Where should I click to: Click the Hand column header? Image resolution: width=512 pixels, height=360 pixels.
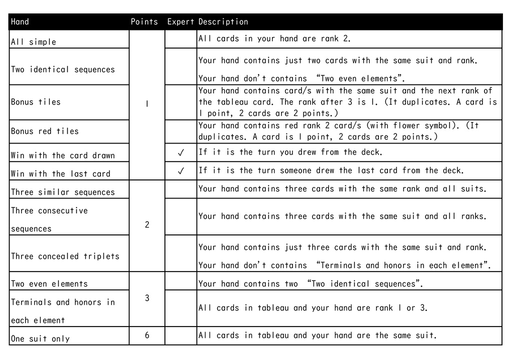point(20,22)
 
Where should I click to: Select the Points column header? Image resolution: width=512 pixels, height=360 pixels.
point(144,22)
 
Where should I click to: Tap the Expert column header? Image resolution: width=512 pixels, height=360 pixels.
point(180,22)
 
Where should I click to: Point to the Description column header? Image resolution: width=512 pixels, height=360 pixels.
point(223,22)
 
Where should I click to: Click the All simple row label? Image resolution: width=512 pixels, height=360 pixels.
point(33,42)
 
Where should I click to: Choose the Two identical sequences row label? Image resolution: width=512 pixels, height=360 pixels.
point(63,69)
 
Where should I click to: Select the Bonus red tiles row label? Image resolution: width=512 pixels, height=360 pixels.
point(45,131)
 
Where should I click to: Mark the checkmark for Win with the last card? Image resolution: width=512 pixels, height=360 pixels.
point(180,171)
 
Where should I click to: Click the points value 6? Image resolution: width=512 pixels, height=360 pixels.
point(147,335)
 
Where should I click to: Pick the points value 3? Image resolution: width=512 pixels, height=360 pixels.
point(147,298)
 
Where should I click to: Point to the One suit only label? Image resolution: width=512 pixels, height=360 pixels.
point(40,338)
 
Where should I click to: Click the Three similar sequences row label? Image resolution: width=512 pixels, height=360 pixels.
point(63,192)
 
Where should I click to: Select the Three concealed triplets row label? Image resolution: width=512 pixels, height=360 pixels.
point(65,256)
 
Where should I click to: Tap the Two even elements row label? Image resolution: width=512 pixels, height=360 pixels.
point(49,284)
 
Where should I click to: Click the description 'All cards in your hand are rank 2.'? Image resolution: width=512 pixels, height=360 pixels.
point(274,38)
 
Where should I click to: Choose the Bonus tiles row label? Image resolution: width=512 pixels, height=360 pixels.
point(36,102)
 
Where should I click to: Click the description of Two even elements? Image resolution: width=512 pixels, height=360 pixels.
point(310,284)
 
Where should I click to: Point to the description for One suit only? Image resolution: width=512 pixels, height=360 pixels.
point(317,335)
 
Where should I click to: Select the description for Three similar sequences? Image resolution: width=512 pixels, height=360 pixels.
point(342,189)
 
